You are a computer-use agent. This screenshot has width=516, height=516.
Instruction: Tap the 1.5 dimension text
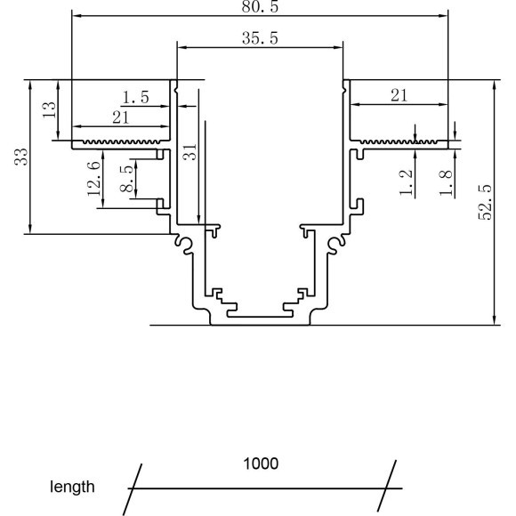point(136,95)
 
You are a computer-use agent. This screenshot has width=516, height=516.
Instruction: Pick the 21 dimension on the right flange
point(399,95)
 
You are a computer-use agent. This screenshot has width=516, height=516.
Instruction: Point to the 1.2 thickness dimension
point(407,183)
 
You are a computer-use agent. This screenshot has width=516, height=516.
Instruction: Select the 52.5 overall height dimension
point(485,204)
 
